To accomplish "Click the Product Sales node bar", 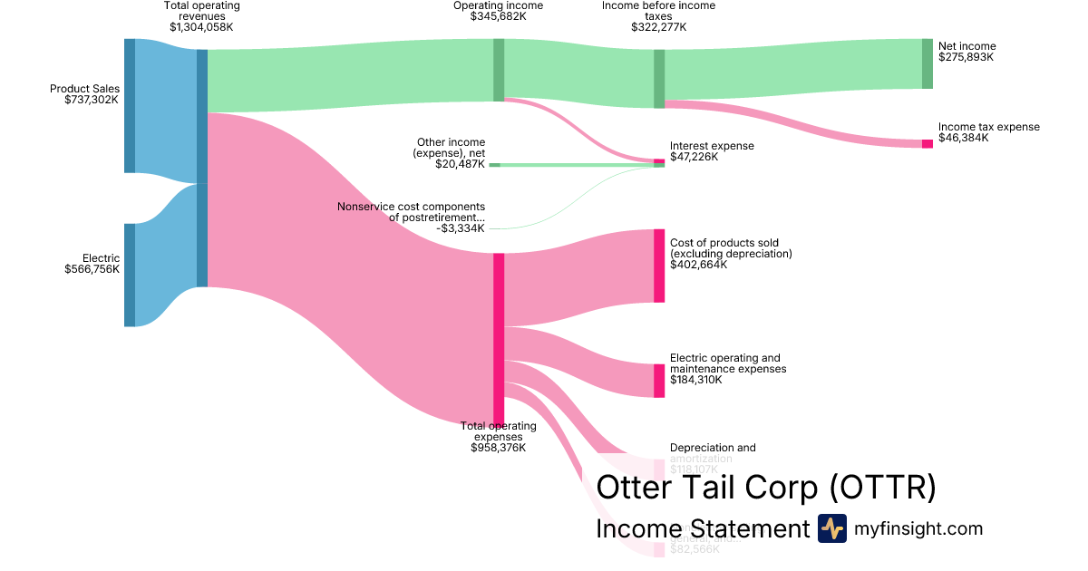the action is click(130, 105).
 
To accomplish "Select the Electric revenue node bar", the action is click(130, 275).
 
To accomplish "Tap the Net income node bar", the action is click(927, 63).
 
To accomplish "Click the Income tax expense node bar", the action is click(927, 144).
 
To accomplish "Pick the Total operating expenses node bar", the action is click(499, 338).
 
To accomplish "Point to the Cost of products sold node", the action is click(659, 266).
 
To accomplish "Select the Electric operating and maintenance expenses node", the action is click(659, 381).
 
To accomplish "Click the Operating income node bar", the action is click(499, 69).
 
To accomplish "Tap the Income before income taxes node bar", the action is click(659, 79).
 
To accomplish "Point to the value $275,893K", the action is click(966, 57).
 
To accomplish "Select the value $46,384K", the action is click(963, 138).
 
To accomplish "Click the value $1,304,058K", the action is click(201, 27).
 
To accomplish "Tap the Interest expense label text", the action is click(712, 146).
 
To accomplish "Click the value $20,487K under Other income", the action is click(460, 164).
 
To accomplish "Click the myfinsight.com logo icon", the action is click(831, 528).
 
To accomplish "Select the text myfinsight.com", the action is click(918, 528).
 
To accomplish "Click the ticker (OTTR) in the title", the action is click(883, 488).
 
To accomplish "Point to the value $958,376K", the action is click(498, 448).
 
